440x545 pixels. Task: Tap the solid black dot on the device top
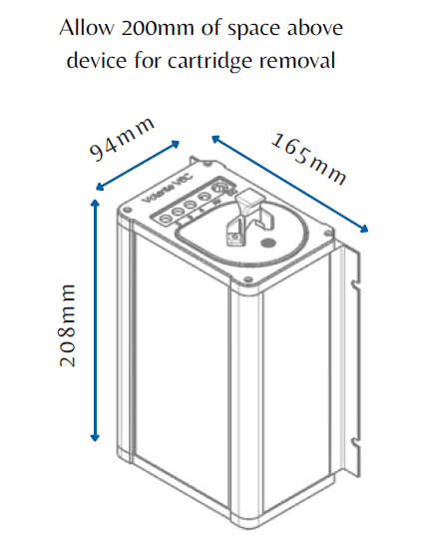[266, 242]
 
